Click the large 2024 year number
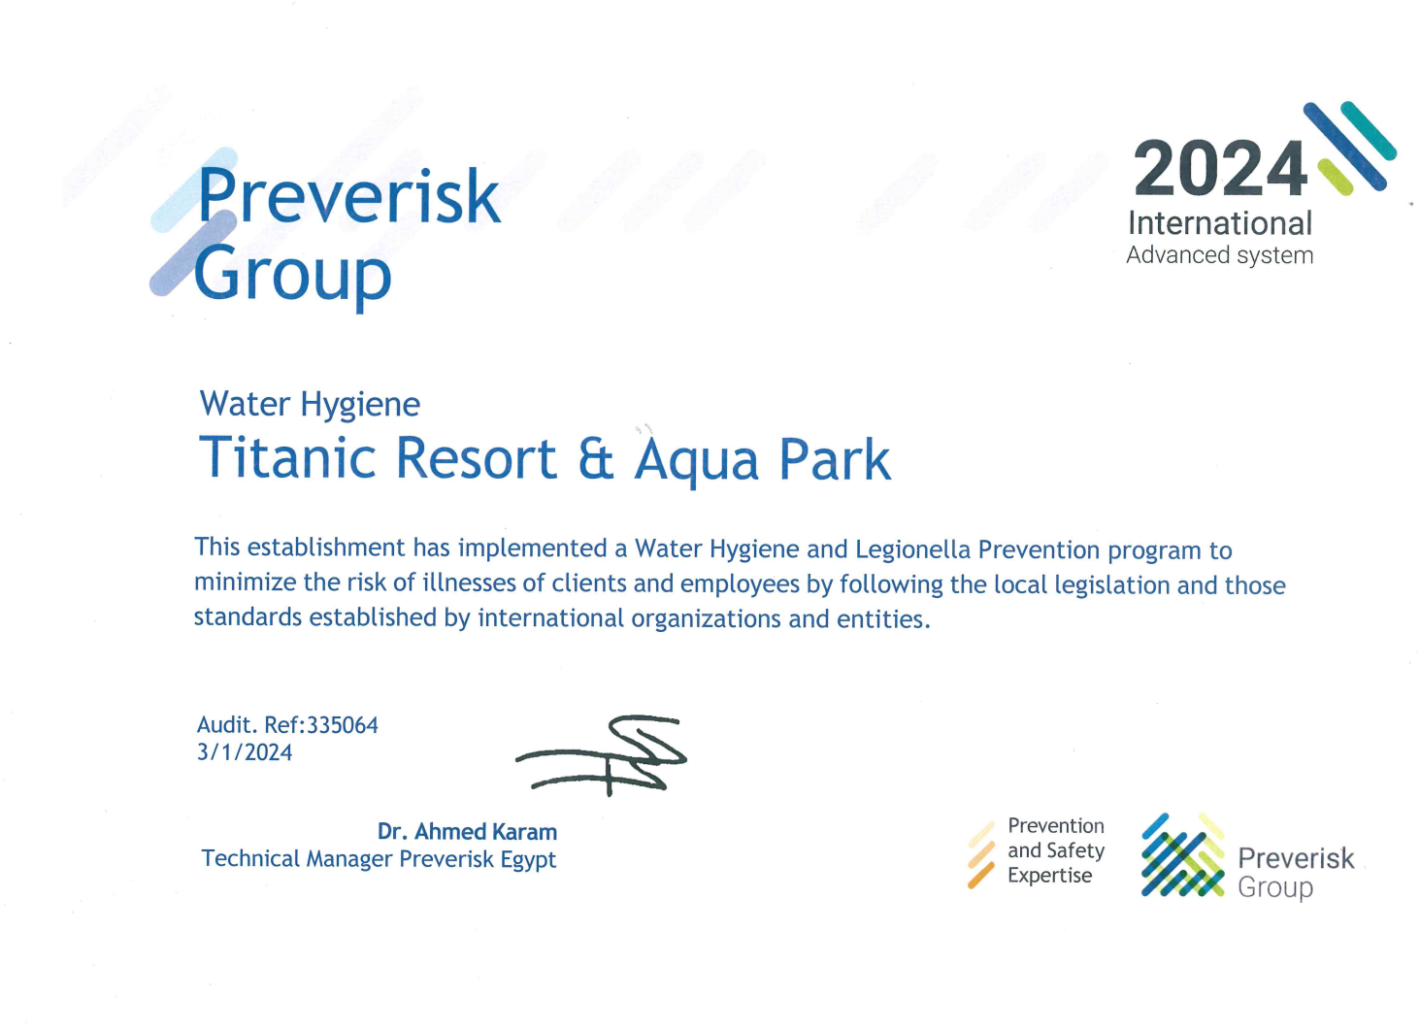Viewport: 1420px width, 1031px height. (1220, 169)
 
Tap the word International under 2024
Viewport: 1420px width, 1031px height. (1220, 224)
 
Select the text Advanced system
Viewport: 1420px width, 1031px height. (1220, 255)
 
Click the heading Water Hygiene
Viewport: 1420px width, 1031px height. (310, 405)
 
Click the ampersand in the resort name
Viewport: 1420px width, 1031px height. (597, 459)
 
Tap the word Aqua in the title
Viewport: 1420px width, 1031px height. (696, 461)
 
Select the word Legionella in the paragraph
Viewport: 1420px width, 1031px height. (912, 549)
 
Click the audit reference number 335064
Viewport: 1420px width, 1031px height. (343, 725)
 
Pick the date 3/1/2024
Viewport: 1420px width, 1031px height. (245, 752)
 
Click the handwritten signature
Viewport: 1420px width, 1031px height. (601, 755)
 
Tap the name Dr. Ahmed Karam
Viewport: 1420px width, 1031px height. (467, 832)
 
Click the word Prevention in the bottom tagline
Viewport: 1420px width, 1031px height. (1056, 826)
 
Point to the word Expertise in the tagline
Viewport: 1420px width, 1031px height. (1050, 877)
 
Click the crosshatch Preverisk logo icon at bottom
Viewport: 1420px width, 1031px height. (1183, 855)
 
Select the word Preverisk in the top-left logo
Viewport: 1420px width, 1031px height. (349, 196)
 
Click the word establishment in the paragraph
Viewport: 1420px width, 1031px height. (326, 548)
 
